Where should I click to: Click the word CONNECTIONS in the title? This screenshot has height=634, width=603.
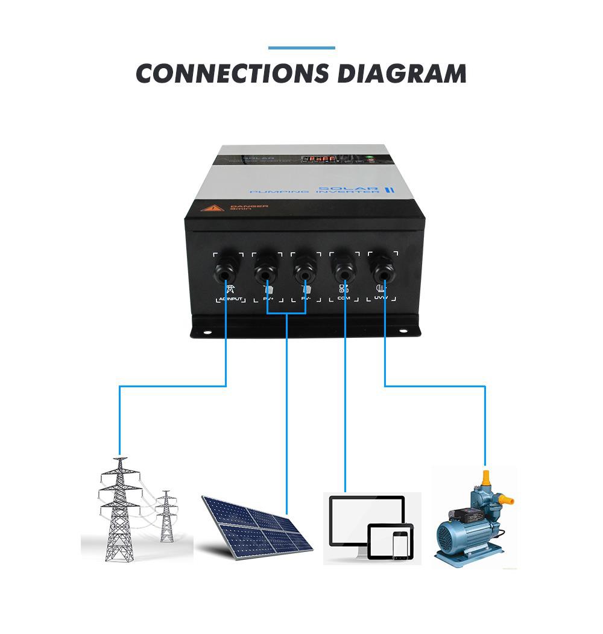pos(232,73)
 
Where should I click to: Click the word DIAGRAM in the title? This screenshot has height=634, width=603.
pos(402,73)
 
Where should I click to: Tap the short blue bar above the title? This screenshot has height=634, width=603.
pos(301,48)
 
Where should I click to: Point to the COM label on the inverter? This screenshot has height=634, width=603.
pos(344,299)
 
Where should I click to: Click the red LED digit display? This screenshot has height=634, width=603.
pos(320,159)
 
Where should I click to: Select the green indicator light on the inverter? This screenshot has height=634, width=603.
pos(370,158)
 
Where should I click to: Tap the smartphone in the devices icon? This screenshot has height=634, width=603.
pos(399,545)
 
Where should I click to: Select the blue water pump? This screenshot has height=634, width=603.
pos(470,525)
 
